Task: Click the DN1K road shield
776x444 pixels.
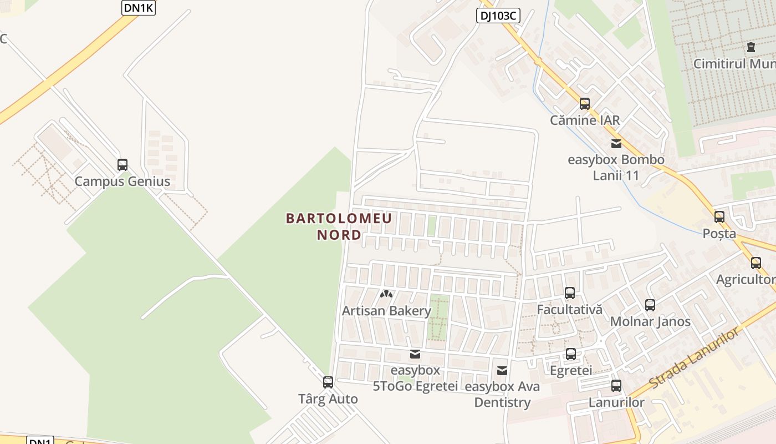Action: coord(139,8)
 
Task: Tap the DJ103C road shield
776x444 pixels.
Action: coord(498,16)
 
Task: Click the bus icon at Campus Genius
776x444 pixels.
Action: coord(122,165)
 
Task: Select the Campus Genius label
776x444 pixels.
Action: coord(122,181)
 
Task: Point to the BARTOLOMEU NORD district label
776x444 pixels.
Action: coord(339,226)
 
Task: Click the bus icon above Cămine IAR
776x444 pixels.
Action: coord(585,104)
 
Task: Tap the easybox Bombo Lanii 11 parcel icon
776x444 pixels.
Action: coord(616,144)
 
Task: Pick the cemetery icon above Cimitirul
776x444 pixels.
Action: coord(751,47)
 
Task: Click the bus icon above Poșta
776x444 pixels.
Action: coord(719,217)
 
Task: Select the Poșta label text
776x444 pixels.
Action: coord(719,234)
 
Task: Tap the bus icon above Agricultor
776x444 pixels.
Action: coord(756,263)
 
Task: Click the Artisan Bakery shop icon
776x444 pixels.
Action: coord(386,294)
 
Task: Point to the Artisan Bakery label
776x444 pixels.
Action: coord(386,311)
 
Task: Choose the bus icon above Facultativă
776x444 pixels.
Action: coord(570,293)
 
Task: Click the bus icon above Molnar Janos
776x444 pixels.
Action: coord(650,305)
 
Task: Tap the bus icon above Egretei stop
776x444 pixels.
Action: coord(571,354)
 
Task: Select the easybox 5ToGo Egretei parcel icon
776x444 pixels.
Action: coord(415,354)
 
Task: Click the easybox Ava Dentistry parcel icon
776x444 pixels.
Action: coord(502,370)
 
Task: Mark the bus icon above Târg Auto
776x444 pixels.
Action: coord(328,382)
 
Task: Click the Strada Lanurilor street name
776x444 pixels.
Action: coord(695,358)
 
